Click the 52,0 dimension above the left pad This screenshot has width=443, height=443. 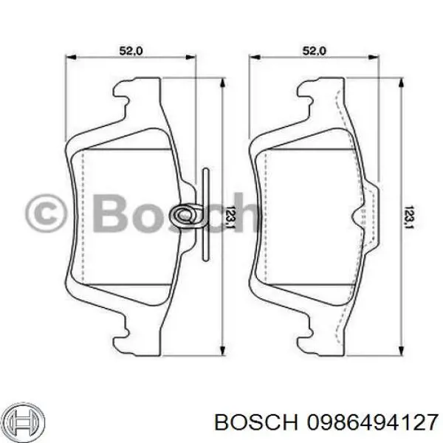coord(131,51)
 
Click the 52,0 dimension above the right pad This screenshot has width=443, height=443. coord(315,51)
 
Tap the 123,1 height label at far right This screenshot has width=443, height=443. coord(412,216)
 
